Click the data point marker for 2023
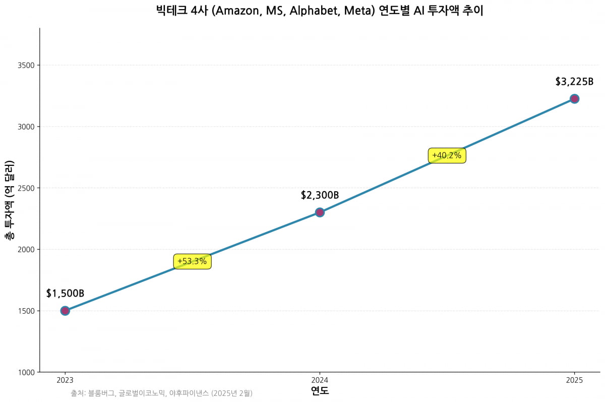[65, 311]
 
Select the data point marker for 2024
[320, 212]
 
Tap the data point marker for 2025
[574, 99]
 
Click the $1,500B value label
[65, 294]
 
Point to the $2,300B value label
[320, 195]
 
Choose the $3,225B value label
[574, 82]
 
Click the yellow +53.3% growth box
[192, 261]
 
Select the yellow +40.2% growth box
[447, 156]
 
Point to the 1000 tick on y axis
[27, 372]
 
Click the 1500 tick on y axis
[27, 311]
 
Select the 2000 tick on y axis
[27, 249]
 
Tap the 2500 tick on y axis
[27, 188]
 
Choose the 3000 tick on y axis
[27, 127]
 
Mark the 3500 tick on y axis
[27, 65]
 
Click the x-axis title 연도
[320, 391]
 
